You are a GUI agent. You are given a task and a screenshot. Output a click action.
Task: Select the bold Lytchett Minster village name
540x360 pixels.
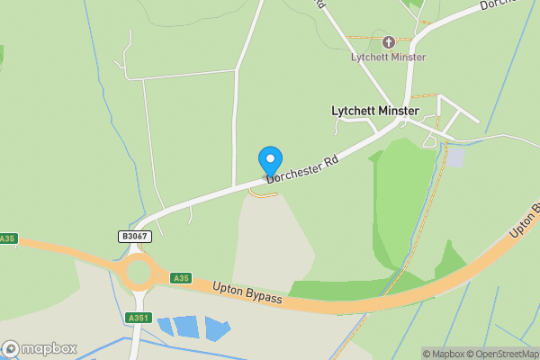[x=375, y=111]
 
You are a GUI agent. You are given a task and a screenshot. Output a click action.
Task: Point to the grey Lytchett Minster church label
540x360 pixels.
[x=389, y=58]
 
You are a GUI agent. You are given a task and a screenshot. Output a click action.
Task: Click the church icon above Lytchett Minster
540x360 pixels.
[x=389, y=41]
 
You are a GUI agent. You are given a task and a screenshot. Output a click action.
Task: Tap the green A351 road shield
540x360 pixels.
[x=138, y=317]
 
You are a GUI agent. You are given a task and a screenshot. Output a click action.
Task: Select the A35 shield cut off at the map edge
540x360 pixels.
[x=7, y=238]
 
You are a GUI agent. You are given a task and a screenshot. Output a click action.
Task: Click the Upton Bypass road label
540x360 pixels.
[x=247, y=294]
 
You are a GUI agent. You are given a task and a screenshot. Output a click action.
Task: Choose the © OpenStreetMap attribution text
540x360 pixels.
[x=506, y=354]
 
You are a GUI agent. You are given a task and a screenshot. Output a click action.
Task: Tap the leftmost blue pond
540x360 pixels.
[x=165, y=325]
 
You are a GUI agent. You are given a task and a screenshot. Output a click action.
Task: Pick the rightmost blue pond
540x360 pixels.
[x=217, y=328]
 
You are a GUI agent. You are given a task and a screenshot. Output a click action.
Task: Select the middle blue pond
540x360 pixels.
[x=186, y=327]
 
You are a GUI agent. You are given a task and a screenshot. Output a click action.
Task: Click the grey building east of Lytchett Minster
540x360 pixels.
[x=456, y=157]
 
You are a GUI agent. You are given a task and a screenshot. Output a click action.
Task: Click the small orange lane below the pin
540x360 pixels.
[x=262, y=192]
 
